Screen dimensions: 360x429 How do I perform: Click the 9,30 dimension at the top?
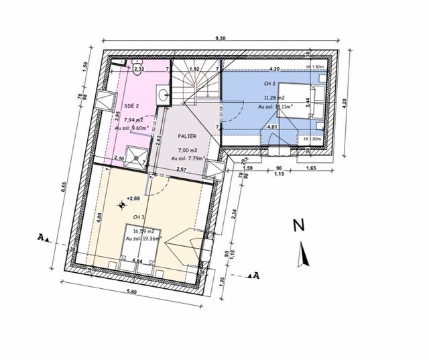[221, 39]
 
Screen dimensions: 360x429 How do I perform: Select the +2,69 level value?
[135, 199]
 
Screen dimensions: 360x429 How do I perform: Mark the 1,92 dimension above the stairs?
[194, 69]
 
